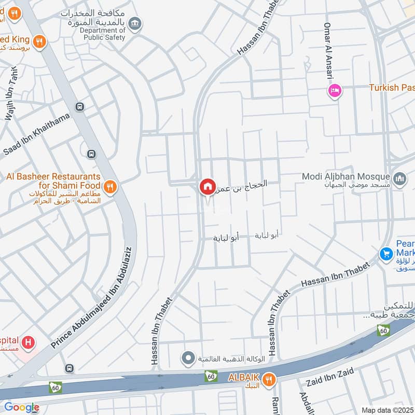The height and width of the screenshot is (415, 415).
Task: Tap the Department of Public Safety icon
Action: coord(135,23)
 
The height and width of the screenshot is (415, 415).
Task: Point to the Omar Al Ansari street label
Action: coord(328,51)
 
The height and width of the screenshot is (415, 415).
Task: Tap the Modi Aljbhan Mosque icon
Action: coord(399,179)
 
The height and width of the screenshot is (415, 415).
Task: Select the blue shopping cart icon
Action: coord(385,254)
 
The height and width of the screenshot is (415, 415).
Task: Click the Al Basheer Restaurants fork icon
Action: coord(110,186)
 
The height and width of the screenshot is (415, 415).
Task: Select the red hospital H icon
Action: coord(30,342)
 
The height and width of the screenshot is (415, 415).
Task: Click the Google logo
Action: coord(21,407)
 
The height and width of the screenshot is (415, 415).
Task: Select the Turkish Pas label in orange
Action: coord(392,88)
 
